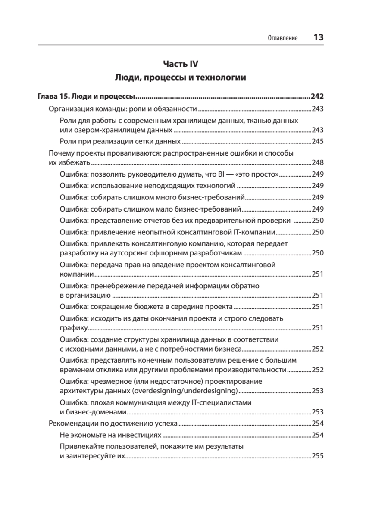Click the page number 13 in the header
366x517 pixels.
coord(318,37)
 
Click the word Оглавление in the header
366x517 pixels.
coord(283,38)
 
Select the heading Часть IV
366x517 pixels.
coord(180,64)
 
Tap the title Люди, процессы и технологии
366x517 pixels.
coord(180,78)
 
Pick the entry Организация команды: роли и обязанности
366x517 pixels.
coord(122,109)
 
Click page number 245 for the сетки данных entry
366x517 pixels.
coord(317,141)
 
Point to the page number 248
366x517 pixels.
coord(317,163)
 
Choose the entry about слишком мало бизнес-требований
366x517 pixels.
coord(150,209)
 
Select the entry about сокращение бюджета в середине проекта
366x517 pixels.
coord(147,307)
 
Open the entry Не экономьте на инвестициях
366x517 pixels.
coord(110,435)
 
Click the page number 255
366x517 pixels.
coord(317,457)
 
